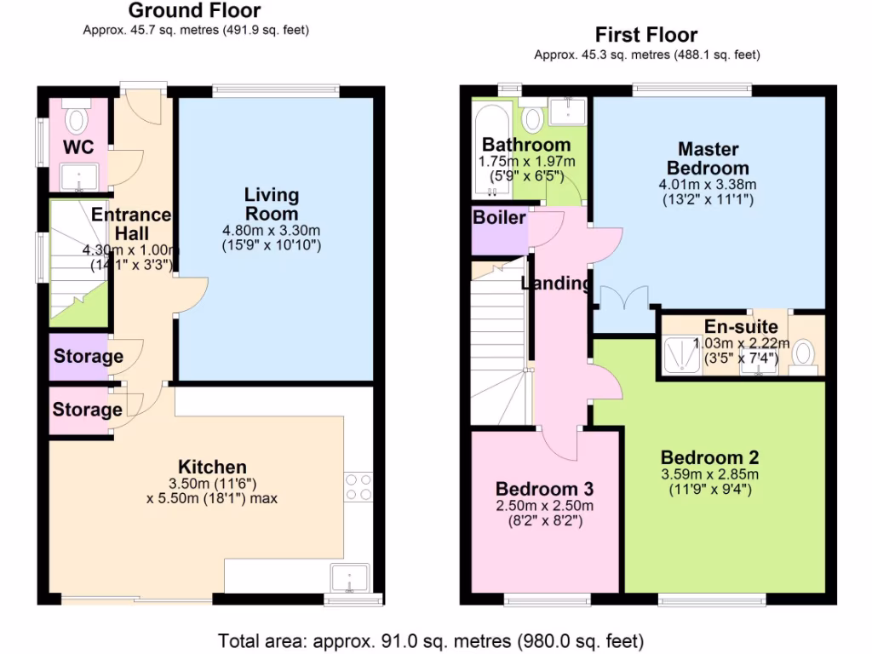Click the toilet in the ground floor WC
click(78, 118)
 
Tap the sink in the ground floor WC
click(79, 176)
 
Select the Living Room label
click(272, 204)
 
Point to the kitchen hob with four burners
click(359, 485)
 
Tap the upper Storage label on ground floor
click(88, 356)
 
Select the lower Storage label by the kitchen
click(87, 410)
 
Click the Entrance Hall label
click(131, 224)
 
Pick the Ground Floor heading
click(195, 11)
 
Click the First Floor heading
click(645, 35)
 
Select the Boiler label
click(499, 218)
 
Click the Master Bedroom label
click(708, 158)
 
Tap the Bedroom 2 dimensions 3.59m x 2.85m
click(709, 474)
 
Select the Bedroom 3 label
click(544, 490)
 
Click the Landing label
click(556, 284)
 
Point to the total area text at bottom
click(430, 640)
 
